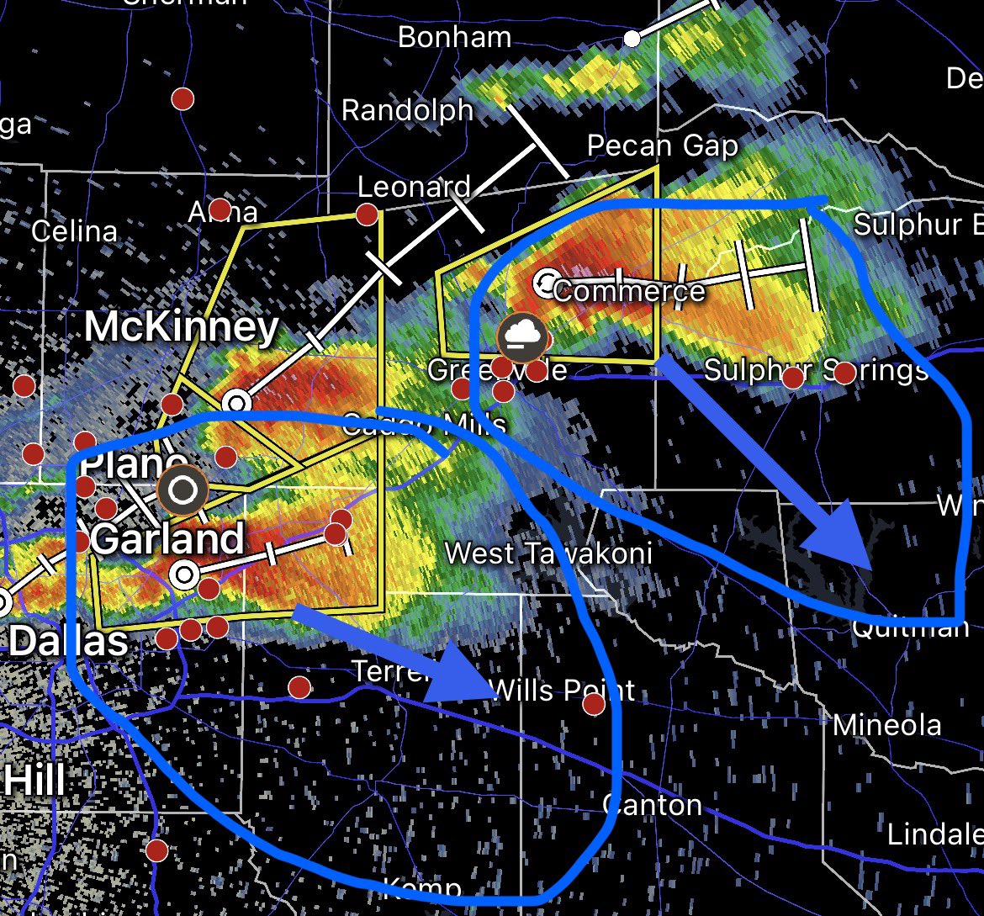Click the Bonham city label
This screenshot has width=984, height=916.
[x=454, y=38]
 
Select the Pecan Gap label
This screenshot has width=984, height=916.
[x=662, y=146]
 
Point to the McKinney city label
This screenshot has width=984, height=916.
[x=181, y=327]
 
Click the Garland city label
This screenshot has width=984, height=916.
[x=167, y=538]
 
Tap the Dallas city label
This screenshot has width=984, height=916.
[x=68, y=643]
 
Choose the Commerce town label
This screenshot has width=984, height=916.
[x=629, y=291]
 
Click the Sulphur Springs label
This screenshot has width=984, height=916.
[x=815, y=370]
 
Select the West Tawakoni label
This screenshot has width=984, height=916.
[x=548, y=553]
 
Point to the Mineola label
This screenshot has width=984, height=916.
[x=886, y=724]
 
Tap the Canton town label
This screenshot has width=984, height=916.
[x=653, y=805]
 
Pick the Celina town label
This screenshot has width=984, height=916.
[x=74, y=231]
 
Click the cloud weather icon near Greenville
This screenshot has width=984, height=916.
[x=523, y=338]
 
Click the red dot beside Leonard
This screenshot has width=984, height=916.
[x=366, y=214]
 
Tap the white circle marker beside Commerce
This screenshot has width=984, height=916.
[x=548, y=282]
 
